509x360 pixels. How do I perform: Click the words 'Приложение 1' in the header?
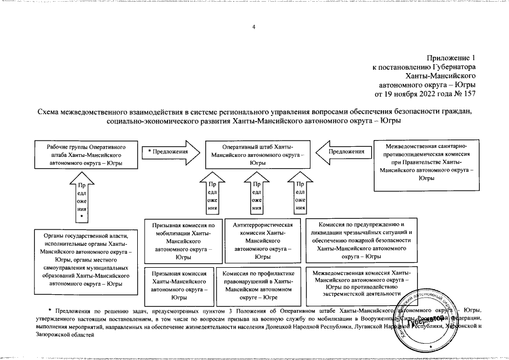[451, 57]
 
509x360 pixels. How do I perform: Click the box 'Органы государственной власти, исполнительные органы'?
[83, 260]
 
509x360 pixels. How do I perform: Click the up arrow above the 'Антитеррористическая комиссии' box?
[256, 195]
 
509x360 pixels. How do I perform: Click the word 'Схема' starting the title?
[49, 111]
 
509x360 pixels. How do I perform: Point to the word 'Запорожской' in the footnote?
[52, 334]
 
